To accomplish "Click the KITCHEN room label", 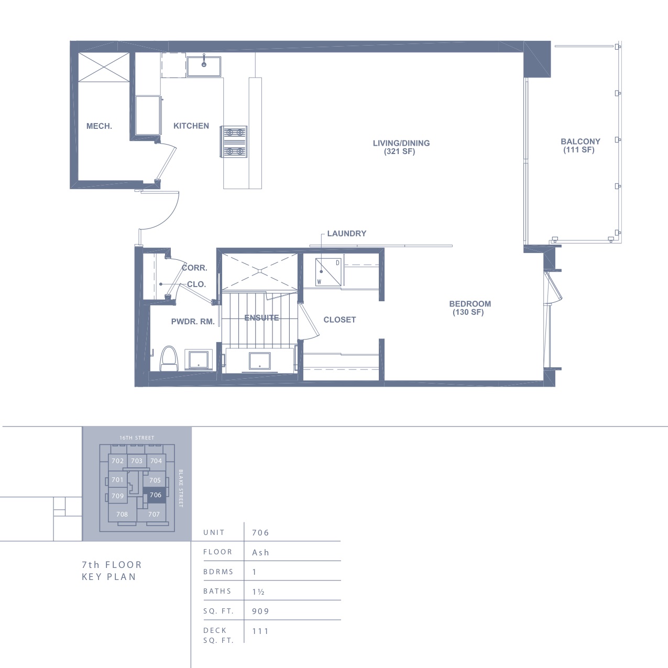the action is click(x=191, y=126).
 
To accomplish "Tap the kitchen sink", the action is click(x=204, y=66).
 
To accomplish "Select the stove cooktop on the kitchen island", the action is click(x=234, y=142).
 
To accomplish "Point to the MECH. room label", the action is click(x=99, y=126).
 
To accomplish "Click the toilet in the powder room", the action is click(x=169, y=358).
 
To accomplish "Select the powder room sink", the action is click(x=199, y=359).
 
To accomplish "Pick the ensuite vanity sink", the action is click(x=260, y=361).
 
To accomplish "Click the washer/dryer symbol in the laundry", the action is click(x=328, y=272).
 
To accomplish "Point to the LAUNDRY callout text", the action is click(x=347, y=234).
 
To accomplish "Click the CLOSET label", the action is click(x=340, y=320).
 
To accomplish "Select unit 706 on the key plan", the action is click(x=155, y=495).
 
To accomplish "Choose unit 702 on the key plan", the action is click(x=117, y=461).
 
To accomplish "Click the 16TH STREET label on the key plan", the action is click(x=137, y=438).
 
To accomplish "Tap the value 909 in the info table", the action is click(x=261, y=611).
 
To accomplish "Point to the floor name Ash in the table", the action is click(x=261, y=553).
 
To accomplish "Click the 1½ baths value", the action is click(x=259, y=592).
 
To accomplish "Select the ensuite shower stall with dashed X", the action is click(x=260, y=271).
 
